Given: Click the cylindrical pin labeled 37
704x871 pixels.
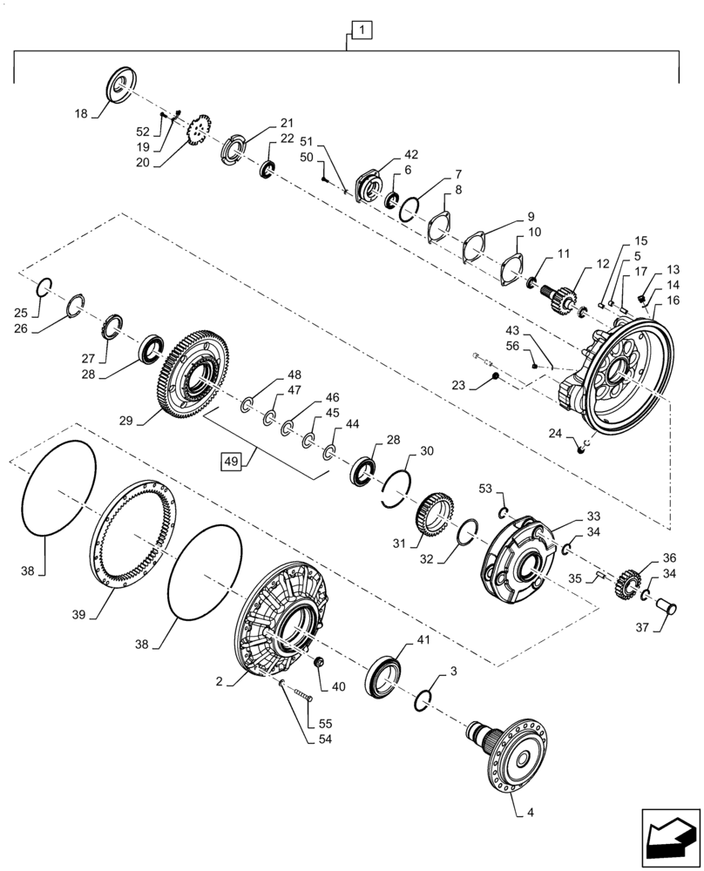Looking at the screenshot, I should click(669, 603).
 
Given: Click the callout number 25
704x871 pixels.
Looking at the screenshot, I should click(46, 313).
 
